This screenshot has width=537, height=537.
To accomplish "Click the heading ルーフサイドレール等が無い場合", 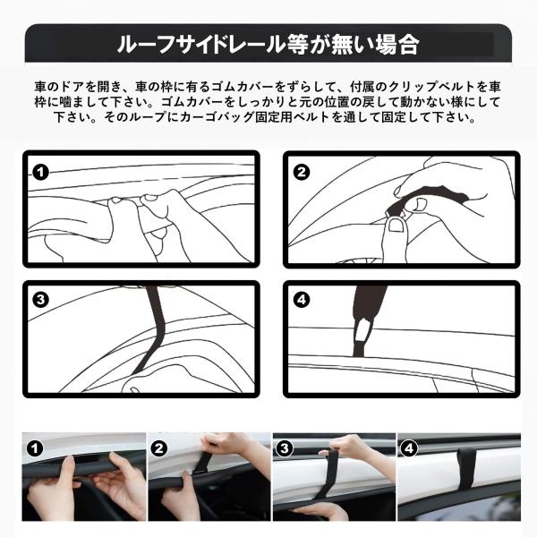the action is tap(268, 44).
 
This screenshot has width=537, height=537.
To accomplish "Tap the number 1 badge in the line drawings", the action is tap(41, 172).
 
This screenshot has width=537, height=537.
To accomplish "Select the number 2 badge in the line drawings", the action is tap(302, 172).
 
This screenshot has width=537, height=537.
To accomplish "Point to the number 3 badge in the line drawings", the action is tap(41, 300).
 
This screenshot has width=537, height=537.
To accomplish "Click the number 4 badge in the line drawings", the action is tap(302, 300).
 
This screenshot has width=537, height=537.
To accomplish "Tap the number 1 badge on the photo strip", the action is tap(35, 448).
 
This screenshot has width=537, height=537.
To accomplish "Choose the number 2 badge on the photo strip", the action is tap(159, 448).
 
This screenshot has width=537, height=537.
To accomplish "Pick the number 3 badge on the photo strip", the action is tap(285, 448).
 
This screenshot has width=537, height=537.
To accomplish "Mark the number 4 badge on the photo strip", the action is tap(409, 448).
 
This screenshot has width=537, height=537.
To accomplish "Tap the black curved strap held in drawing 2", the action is tap(424, 199).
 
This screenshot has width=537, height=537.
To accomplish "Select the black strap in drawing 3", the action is tap(153, 328).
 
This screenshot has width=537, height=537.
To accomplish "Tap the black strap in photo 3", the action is tap(325, 480).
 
